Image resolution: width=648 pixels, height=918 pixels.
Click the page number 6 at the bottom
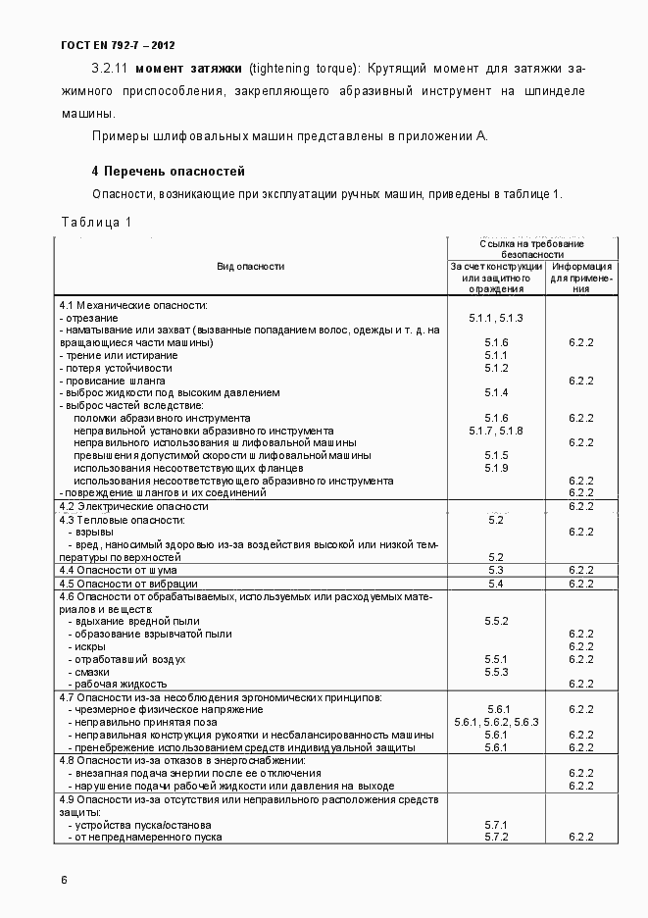pyautogui.click(x=64, y=879)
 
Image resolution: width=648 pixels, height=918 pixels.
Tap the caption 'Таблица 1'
pyautogui.click(x=96, y=223)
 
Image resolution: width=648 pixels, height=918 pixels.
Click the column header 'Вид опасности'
pyautogui.click(x=250, y=266)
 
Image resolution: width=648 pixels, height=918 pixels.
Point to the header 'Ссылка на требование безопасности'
pyautogui.click(x=532, y=247)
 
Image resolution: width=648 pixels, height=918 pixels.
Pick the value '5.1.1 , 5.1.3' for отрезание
pyautogui.click(x=496, y=318)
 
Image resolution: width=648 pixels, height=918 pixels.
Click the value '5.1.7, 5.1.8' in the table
pyautogui.click(x=496, y=431)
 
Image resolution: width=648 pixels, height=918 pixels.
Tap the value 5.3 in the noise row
pyautogui.click(x=496, y=570)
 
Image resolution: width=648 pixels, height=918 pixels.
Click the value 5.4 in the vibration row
pyautogui.click(x=496, y=584)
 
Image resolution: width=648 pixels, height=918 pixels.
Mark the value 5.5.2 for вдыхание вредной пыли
pyautogui.click(x=496, y=621)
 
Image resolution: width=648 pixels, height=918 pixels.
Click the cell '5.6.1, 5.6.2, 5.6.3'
pyautogui.click(x=497, y=722)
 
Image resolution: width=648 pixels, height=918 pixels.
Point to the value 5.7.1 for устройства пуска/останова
pyautogui.click(x=496, y=825)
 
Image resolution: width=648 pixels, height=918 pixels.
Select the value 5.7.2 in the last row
pyautogui.click(x=496, y=837)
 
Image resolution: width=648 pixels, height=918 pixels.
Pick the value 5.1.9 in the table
pyautogui.click(x=496, y=468)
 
